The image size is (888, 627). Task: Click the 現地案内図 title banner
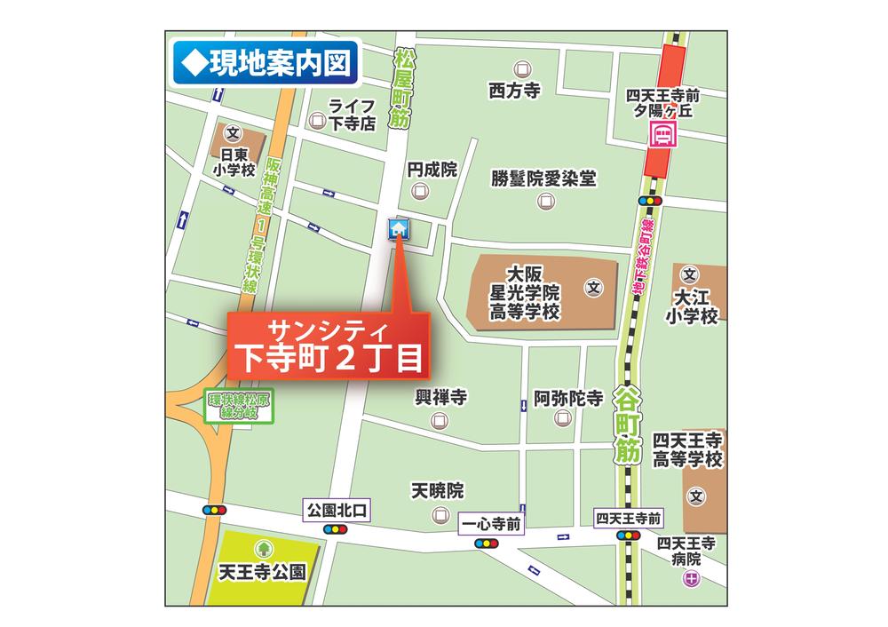coord(265,62)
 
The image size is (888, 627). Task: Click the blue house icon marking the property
coord(399,229)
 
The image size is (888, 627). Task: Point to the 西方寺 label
coord(514,90)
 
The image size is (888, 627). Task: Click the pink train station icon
coord(662,135)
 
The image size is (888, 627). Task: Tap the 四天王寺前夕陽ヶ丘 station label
coord(663,103)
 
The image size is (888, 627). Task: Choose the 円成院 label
coord(432,169)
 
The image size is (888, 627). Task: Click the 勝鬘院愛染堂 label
coord(543,179)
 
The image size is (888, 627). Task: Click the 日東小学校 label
coord(233,162)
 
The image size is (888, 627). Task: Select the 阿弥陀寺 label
coord(567,398)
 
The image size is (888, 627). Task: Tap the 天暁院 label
coord(438,490)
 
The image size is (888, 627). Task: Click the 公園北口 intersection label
coord(336,511)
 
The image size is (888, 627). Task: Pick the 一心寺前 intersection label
coord(491,524)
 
